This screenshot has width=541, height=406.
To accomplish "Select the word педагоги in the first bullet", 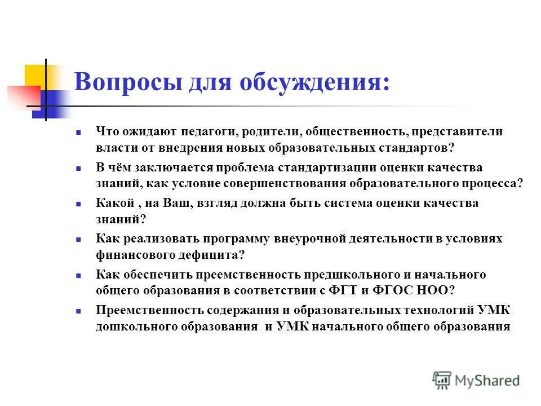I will (x=209, y=131).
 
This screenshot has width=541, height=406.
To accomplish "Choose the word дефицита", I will (x=216, y=254).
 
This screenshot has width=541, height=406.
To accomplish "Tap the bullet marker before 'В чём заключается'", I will (x=79, y=168).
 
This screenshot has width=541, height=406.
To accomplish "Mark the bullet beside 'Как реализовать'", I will (x=79, y=239).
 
